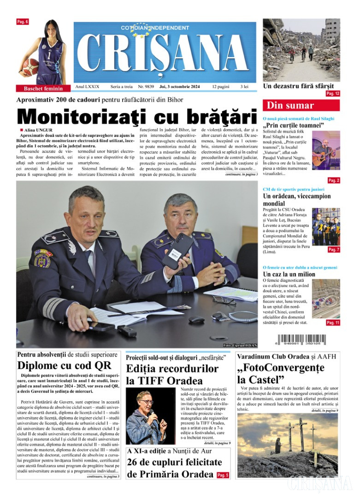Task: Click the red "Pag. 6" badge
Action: pyautogui.click(x=23, y=22)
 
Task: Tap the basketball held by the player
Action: pyautogui.click(x=31, y=67)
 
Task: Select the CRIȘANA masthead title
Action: pyautogui.click(x=165, y=53)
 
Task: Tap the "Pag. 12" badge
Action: pyautogui.click(x=332, y=94)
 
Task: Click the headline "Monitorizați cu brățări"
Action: pyautogui.click(x=136, y=116)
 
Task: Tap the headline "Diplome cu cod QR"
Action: pyautogui.click(x=64, y=366)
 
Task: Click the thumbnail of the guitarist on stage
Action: pyautogui.click(x=326, y=150)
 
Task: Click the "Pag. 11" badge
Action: pyautogui.click(x=333, y=323)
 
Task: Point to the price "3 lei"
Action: pyautogui.click(x=244, y=86)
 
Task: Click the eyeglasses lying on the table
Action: pyautogui.click(x=224, y=301)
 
